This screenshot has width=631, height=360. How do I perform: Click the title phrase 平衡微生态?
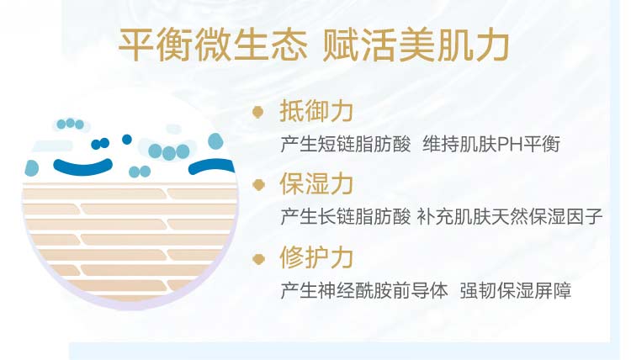[x=213, y=45]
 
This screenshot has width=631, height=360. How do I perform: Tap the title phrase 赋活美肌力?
[x=416, y=45]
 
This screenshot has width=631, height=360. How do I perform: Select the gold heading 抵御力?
[x=316, y=111]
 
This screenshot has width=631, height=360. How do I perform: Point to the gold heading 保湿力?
[x=316, y=184]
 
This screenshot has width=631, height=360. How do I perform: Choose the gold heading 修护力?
[x=316, y=257]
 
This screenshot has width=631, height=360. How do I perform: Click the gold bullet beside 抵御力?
[x=258, y=111]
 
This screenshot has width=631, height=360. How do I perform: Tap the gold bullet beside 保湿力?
[x=258, y=184]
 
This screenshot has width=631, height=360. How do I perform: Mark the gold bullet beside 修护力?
[x=258, y=258]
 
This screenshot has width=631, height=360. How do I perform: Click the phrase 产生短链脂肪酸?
[x=346, y=144]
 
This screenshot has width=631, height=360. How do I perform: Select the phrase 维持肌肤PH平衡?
[x=491, y=144]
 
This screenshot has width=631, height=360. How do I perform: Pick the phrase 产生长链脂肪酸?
[x=346, y=216]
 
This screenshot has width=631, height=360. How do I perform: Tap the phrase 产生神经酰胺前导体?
[x=364, y=290]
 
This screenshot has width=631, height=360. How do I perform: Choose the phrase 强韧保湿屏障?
[x=516, y=290]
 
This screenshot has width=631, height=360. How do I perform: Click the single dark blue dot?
[x=127, y=140]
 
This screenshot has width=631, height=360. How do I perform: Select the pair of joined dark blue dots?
[x=100, y=143]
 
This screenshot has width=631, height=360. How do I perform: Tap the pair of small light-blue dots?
[x=140, y=172]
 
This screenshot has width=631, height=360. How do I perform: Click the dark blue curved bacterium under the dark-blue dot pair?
[x=83, y=167]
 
